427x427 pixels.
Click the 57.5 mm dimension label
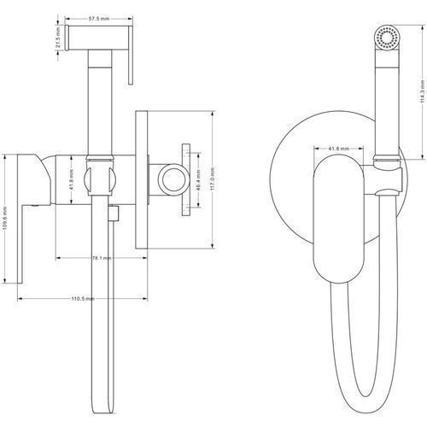99,19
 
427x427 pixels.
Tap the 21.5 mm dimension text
58,38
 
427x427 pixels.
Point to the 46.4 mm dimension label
199,180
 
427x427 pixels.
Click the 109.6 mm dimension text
5,219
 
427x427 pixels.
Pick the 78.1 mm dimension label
102,258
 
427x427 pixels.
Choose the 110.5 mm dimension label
83,299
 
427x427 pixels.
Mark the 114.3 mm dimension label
423,91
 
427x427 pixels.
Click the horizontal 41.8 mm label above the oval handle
339,149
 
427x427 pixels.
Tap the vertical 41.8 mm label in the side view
71,180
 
